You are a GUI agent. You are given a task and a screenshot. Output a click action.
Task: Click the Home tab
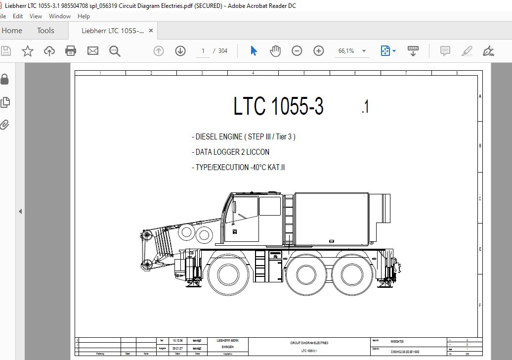point(12,31)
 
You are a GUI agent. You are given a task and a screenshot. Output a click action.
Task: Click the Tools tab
point(45,31)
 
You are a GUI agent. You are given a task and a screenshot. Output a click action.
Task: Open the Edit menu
point(18,16)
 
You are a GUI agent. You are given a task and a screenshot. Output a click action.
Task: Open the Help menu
point(84,16)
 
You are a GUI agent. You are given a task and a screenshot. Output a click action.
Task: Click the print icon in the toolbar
point(71,50)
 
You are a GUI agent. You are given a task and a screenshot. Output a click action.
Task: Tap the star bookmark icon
point(27,50)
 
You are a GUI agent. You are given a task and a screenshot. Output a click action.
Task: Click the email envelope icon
point(93,50)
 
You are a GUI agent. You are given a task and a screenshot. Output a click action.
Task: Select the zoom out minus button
point(297,50)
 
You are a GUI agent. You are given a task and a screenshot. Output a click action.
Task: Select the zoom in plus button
point(319,50)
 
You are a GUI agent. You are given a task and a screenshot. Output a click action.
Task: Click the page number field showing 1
point(203,50)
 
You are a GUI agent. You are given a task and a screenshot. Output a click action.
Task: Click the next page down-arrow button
point(180,50)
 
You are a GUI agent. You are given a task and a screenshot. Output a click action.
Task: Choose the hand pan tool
point(275,50)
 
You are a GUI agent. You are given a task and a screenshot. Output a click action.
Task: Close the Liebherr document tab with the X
point(151,31)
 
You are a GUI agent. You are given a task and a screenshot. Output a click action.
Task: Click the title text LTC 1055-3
point(278,106)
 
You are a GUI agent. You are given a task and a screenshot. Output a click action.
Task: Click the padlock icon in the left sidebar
point(5,79)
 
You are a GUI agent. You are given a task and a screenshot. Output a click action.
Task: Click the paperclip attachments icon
point(5,124)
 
